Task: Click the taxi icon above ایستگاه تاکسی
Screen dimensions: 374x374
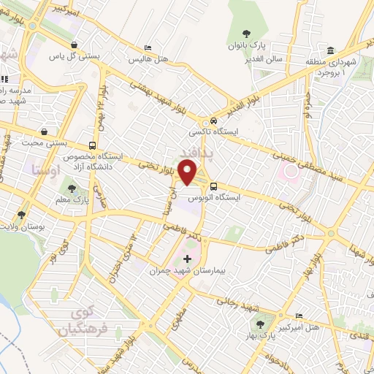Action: [213, 121]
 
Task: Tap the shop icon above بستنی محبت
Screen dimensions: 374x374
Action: [46, 131]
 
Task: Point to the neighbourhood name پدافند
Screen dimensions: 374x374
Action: [196, 152]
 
